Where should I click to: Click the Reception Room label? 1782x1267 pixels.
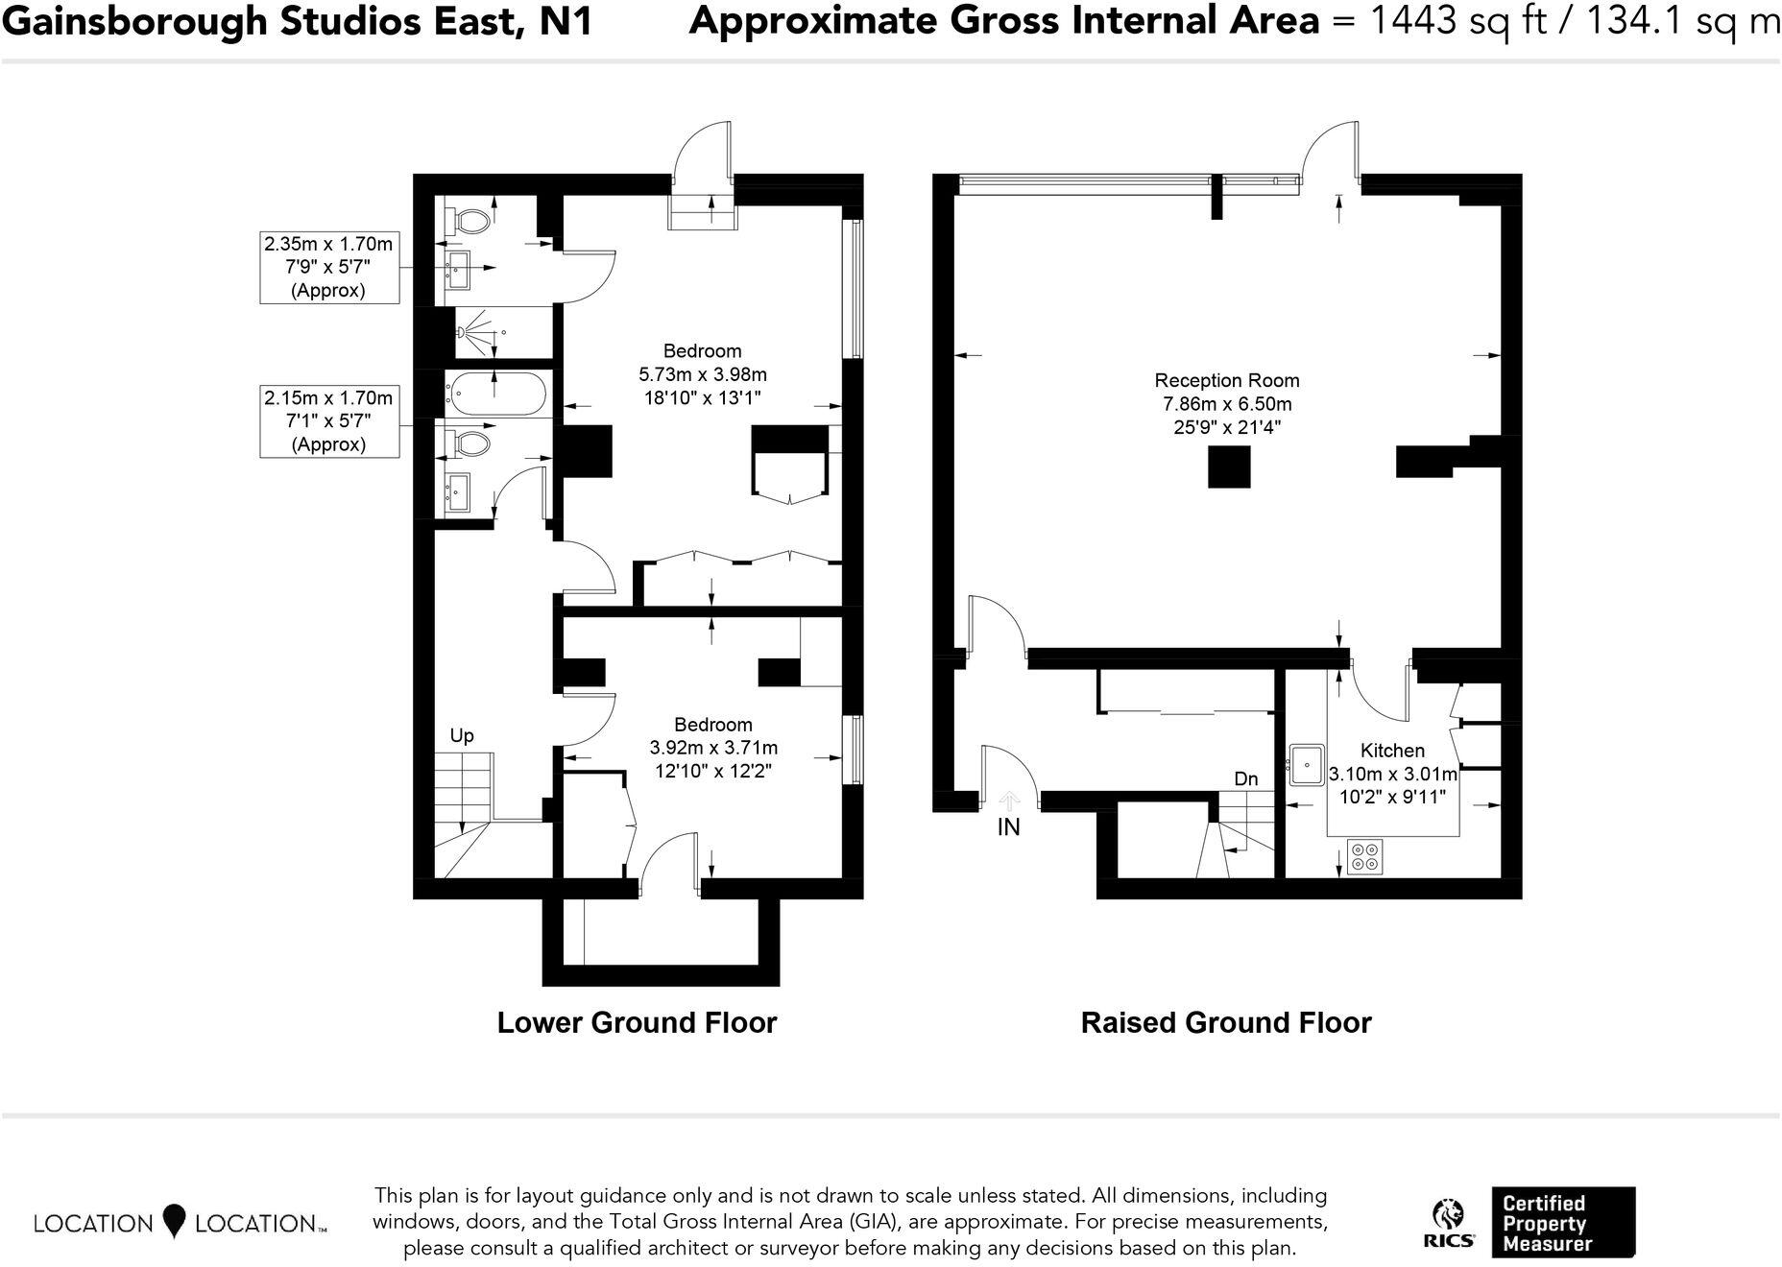1226,380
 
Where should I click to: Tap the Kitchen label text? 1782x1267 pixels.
1392,751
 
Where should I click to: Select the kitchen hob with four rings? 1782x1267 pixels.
1364,856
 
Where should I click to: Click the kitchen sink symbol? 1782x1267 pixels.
1307,765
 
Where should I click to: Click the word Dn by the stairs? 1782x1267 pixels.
1245,779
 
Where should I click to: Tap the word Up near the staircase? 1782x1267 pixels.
462,736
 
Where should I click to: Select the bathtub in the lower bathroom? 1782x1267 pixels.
495,394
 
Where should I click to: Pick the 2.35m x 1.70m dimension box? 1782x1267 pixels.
328,267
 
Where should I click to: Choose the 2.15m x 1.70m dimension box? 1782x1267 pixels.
328,420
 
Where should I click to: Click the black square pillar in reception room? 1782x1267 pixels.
1229,468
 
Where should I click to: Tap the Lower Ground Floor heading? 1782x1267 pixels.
637,1023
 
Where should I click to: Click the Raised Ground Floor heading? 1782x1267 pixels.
1226,1023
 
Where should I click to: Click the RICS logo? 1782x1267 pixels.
1449,1224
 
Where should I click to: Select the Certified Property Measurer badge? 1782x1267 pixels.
1562,1223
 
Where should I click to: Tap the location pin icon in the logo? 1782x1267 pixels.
174,1221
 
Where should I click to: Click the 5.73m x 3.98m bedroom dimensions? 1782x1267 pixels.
703,374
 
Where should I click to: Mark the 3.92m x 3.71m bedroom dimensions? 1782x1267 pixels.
713,748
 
